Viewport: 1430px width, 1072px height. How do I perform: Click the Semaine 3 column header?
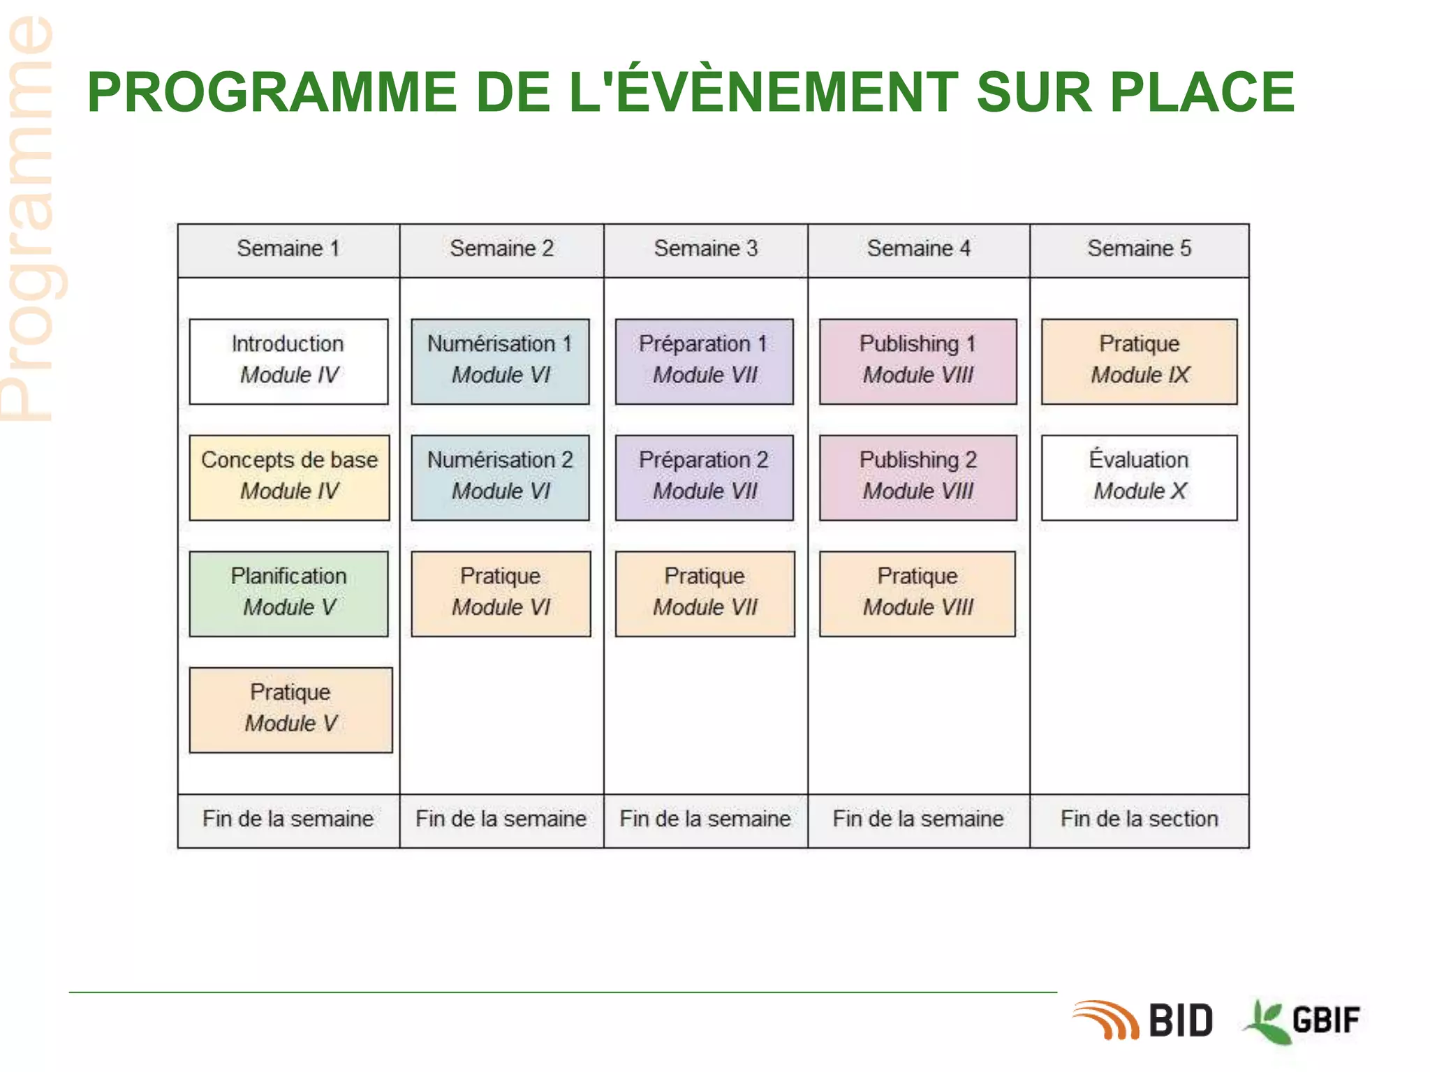[705, 249]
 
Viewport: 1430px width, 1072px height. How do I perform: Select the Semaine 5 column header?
[1139, 249]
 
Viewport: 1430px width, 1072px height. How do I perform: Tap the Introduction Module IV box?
[288, 361]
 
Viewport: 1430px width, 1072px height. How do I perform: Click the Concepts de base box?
[289, 477]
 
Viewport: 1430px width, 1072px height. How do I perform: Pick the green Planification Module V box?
[288, 593]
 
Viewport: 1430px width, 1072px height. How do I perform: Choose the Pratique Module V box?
[290, 710]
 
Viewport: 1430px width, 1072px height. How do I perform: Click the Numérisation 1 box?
[500, 361]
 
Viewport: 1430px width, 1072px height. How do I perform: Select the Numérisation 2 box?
[500, 477]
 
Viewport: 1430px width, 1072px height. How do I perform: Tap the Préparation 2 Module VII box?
[704, 477]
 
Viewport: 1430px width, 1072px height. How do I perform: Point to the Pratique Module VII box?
[705, 593]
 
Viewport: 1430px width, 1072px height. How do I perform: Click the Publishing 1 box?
[917, 361]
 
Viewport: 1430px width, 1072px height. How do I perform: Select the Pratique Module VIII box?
[917, 593]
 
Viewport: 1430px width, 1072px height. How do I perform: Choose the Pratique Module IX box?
[1139, 361]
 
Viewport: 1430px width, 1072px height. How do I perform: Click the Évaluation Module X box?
[1139, 477]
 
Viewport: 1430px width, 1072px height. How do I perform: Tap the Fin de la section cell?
[1139, 820]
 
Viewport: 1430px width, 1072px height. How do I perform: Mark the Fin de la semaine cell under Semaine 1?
[288, 820]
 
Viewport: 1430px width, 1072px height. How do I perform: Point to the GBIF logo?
[1303, 1020]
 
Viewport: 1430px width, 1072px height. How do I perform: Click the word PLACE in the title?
[1202, 92]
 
